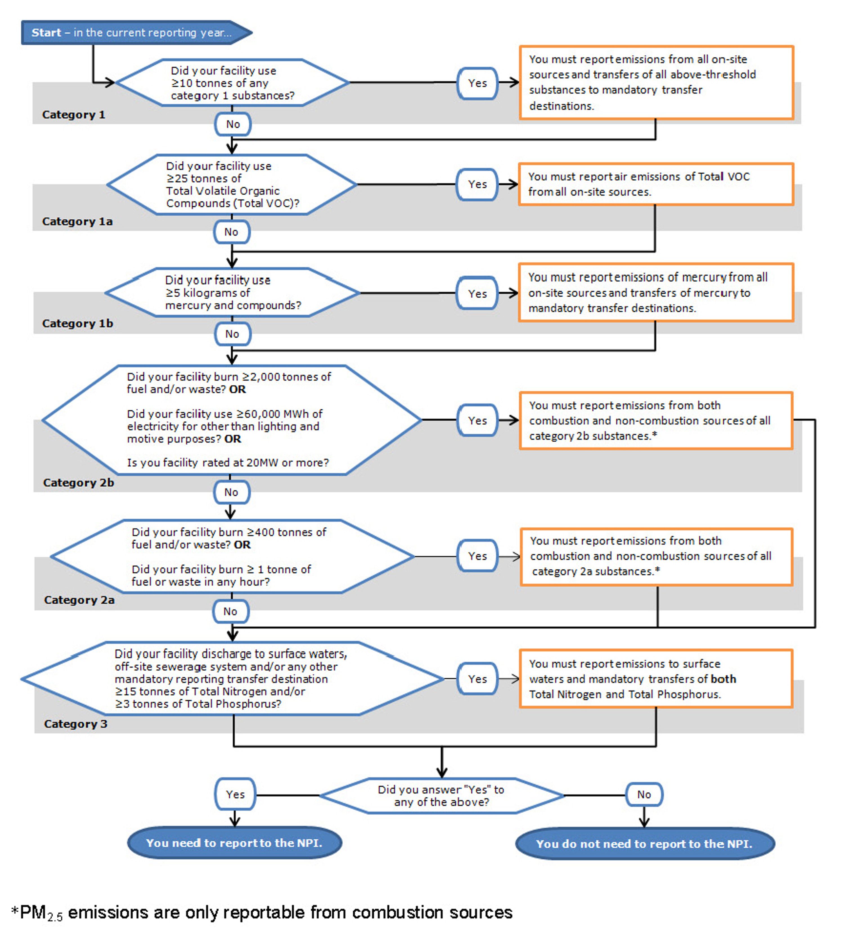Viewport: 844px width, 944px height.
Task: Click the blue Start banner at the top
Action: (137, 32)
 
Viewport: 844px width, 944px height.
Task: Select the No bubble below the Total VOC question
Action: (232, 232)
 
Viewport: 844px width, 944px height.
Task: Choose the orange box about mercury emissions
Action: (656, 293)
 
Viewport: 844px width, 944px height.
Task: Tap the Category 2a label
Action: (79, 600)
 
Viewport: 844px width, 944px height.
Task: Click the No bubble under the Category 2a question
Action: (230, 612)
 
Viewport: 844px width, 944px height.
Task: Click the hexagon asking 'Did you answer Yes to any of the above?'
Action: (441, 796)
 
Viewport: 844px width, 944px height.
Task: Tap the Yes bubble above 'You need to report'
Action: (235, 794)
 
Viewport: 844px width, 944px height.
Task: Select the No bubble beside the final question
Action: (644, 794)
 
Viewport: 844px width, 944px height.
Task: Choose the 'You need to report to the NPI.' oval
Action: (235, 843)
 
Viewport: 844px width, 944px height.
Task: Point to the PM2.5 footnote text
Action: (262, 912)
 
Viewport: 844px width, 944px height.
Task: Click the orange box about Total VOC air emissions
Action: (656, 184)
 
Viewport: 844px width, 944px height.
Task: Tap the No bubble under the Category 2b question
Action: (232, 493)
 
